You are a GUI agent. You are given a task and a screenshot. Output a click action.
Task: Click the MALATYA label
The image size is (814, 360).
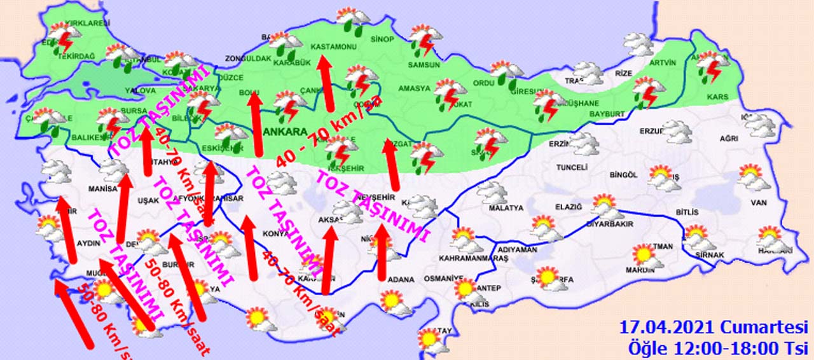506,208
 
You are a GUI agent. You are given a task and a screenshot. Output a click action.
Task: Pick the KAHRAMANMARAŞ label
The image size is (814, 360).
474,259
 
